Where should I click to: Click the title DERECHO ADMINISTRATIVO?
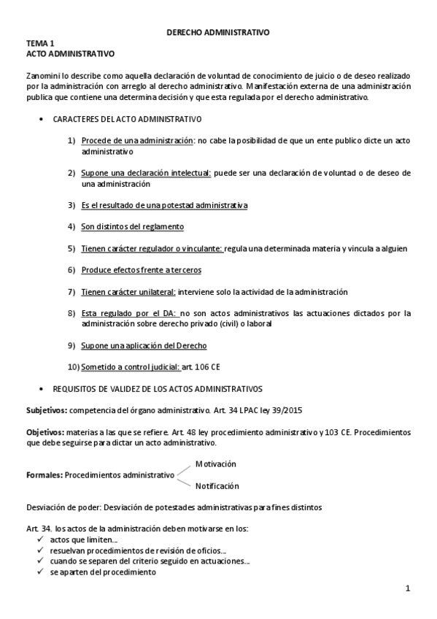pyautogui.click(x=218, y=33)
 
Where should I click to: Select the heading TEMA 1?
pyautogui.click(x=40, y=44)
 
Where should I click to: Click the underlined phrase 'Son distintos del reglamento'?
pyautogui.click(x=132, y=227)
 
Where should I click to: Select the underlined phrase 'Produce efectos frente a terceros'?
pyautogui.click(x=141, y=270)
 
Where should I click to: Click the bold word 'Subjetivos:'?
pyautogui.click(x=47, y=412)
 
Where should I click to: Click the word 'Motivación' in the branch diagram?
pyautogui.click(x=215, y=464)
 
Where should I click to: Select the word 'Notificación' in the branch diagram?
pyautogui.click(x=217, y=486)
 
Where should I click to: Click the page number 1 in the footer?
pyautogui.click(x=409, y=588)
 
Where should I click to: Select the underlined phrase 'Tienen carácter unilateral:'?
pyautogui.click(x=128, y=292)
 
